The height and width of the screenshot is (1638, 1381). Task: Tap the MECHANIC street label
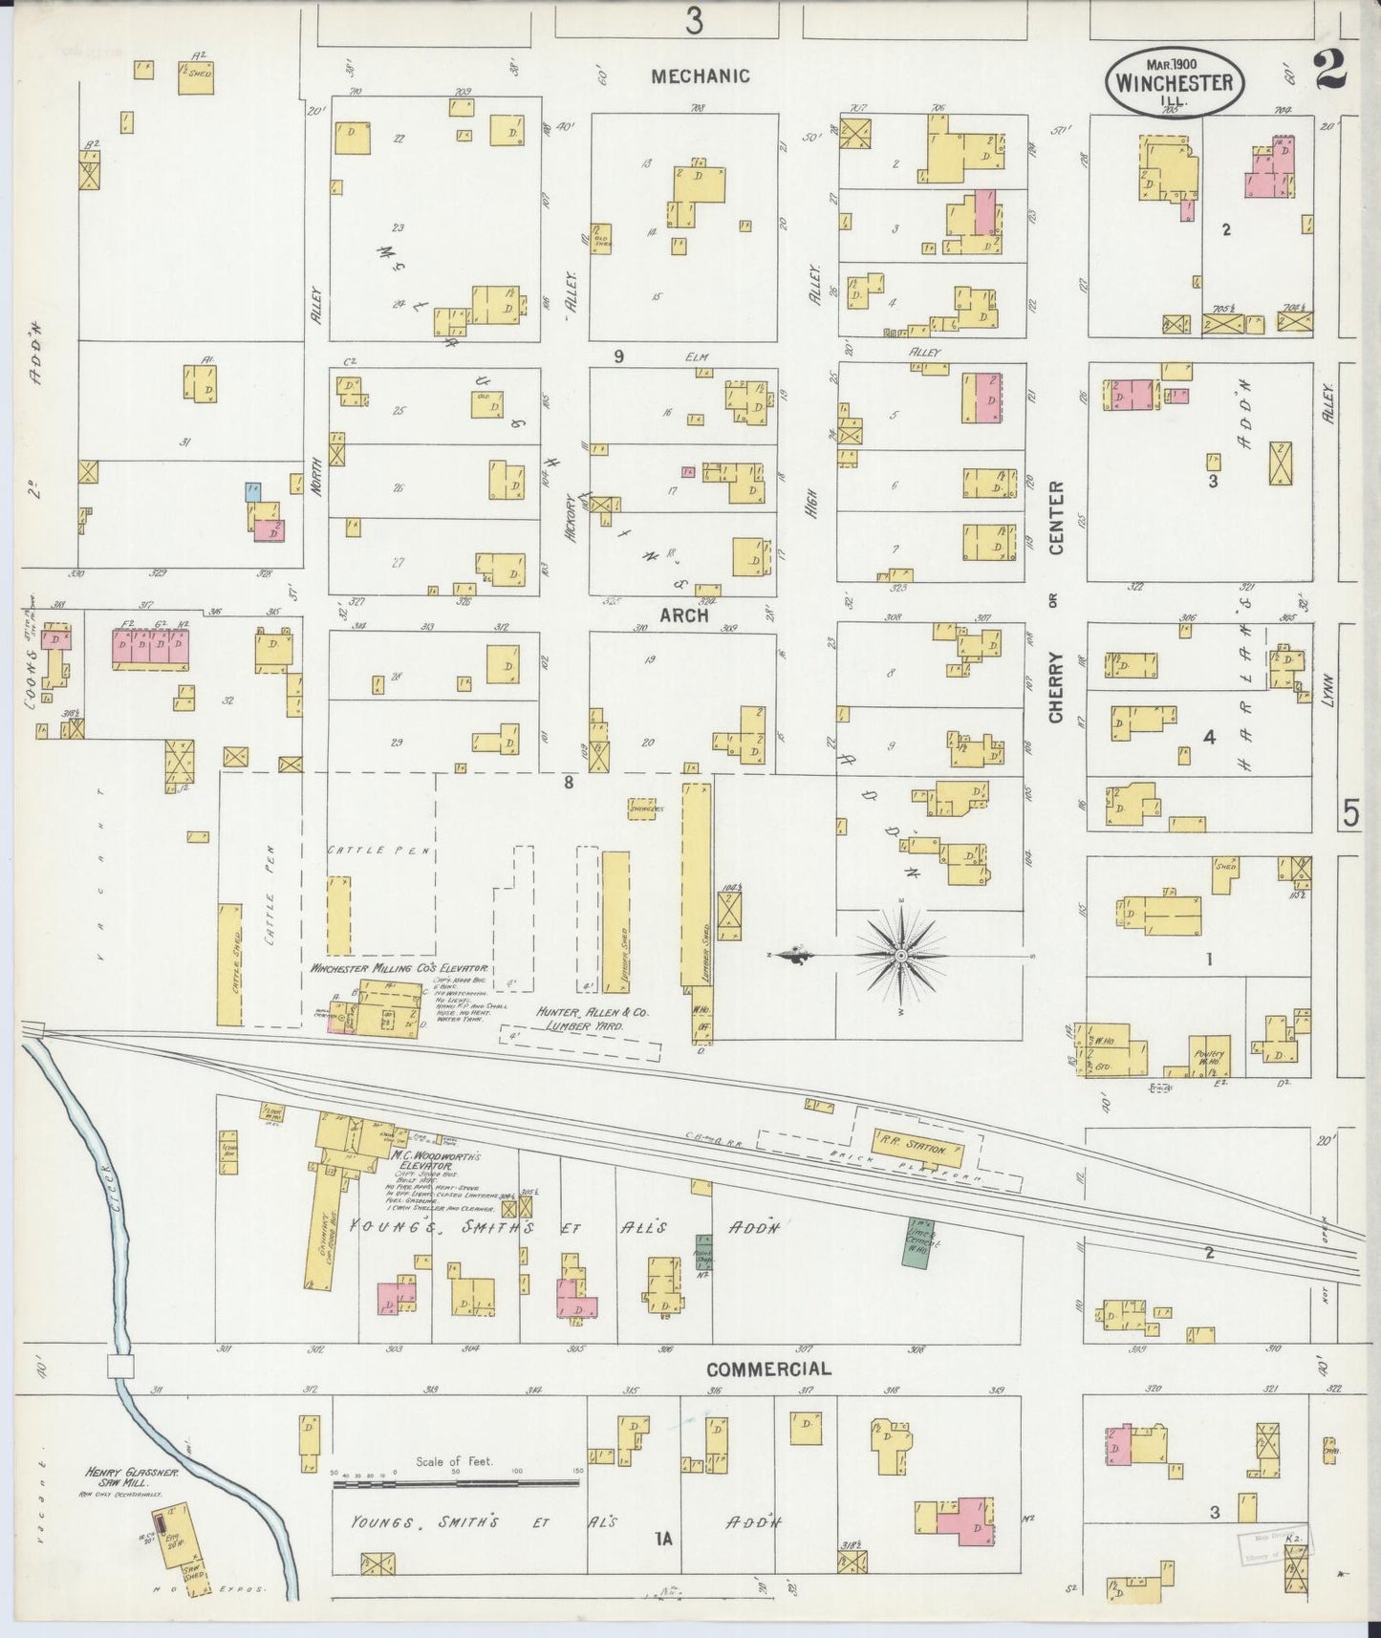700,75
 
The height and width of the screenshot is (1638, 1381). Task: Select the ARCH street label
683,614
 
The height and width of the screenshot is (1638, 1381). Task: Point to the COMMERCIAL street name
768,1369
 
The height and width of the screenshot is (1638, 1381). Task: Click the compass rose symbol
900,954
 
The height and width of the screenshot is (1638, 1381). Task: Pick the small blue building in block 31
252,492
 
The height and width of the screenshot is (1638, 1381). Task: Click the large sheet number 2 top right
1329,69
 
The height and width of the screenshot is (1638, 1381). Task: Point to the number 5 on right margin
1350,813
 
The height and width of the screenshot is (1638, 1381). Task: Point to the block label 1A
664,1539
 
